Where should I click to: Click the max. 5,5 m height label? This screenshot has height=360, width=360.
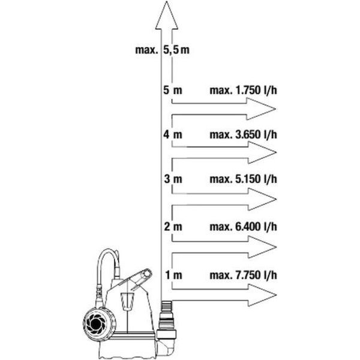(x=163, y=50)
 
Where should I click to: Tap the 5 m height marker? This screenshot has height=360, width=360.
(x=173, y=90)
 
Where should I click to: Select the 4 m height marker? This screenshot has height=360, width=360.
(x=173, y=134)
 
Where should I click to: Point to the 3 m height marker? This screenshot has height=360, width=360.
(x=173, y=179)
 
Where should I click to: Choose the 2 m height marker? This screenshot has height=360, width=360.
(x=173, y=227)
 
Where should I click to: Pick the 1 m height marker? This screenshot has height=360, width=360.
(x=174, y=275)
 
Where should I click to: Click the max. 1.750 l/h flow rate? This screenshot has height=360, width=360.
(x=243, y=90)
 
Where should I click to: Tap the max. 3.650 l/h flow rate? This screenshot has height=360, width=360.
(x=243, y=134)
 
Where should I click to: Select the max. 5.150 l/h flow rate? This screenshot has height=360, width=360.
(x=243, y=179)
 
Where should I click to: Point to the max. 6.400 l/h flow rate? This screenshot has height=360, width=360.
(x=243, y=227)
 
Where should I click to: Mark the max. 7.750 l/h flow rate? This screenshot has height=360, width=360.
(x=243, y=275)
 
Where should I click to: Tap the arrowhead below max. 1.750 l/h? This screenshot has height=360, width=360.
(x=261, y=109)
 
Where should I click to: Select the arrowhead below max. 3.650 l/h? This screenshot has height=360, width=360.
(x=262, y=152)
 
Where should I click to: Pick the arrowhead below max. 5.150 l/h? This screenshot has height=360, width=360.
(x=262, y=199)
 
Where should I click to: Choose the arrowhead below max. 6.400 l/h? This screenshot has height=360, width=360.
(x=262, y=247)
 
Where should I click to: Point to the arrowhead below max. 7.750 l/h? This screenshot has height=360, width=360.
(x=262, y=295)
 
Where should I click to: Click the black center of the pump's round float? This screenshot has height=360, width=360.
(x=95, y=324)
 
